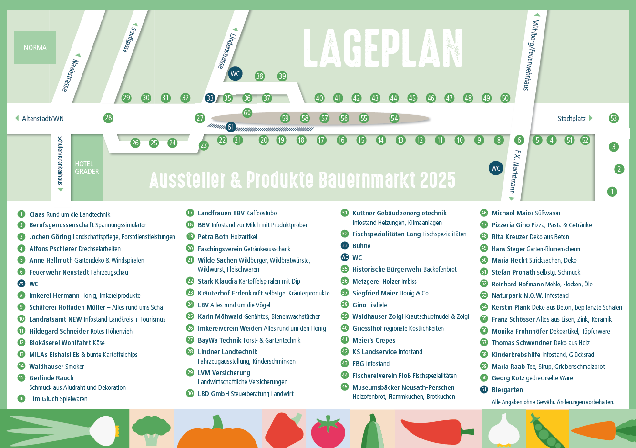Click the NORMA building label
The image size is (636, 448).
tap(35, 48)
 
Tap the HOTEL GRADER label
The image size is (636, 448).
tap(87, 168)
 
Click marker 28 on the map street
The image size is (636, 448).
tap(108, 118)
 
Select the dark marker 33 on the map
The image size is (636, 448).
tap(210, 98)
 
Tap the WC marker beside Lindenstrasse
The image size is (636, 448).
tap(235, 74)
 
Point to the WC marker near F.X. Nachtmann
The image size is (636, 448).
tap(496, 168)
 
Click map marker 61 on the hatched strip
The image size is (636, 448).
tap(231, 127)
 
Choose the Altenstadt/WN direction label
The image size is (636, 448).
tap(42, 119)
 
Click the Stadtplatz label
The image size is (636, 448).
tap(572, 119)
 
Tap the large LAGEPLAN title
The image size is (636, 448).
tap(383, 48)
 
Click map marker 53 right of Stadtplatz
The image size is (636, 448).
tap(614, 118)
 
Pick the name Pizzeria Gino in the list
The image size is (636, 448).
tap(511, 225)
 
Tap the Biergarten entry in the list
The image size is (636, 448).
tap(507, 390)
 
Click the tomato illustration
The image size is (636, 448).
tap(328, 431)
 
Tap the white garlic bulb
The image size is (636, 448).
tap(504, 429)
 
